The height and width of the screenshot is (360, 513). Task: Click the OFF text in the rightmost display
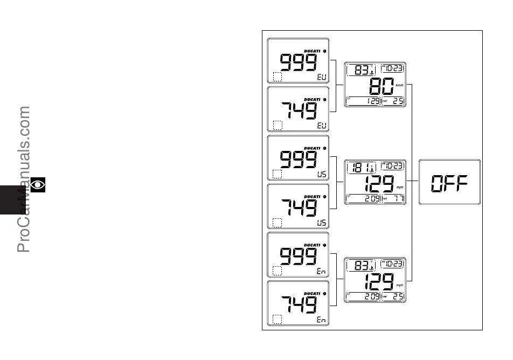click(x=449, y=183)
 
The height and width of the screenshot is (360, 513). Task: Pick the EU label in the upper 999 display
click(x=322, y=77)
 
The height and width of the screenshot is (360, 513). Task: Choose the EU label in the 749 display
click(x=322, y=126)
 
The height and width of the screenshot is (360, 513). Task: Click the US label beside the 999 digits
click(x=322, y=174)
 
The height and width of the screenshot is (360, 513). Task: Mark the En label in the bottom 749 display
click(x=322, y=320)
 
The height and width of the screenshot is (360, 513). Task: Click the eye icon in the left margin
click(x=38, y=185)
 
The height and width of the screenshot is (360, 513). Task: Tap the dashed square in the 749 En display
click(x=278, y=320)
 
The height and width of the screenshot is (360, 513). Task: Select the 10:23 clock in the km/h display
click(x=393, y=68)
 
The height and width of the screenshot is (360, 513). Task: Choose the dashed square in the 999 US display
click(x=278, y=174)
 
